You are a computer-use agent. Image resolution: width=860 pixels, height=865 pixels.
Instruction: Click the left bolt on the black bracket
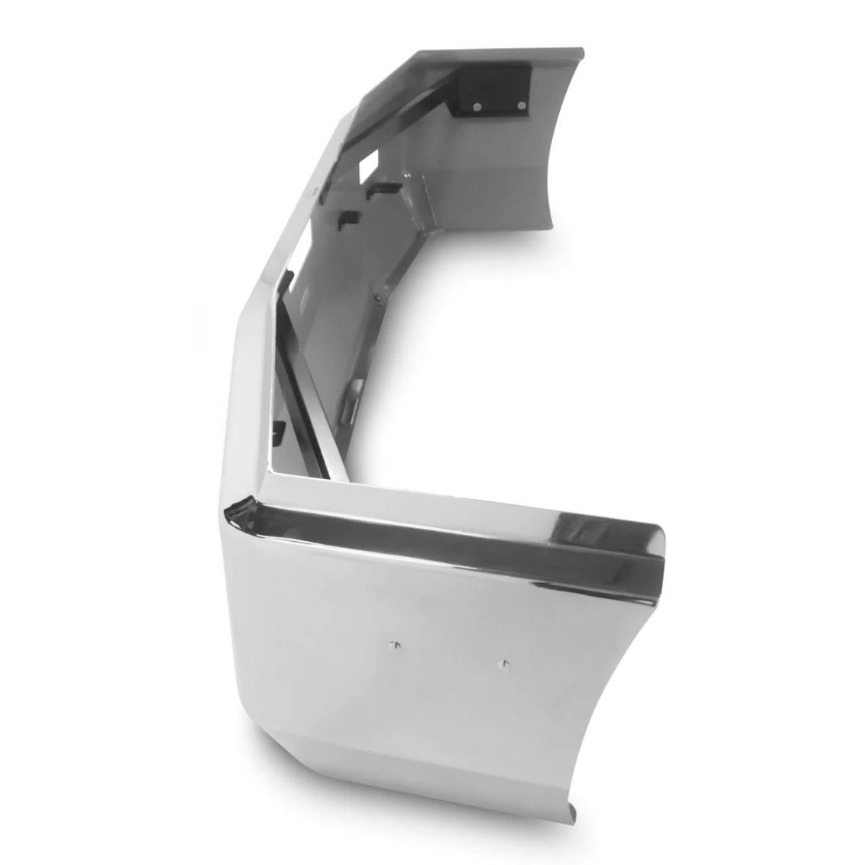pyautogui.click(x=477, y=104)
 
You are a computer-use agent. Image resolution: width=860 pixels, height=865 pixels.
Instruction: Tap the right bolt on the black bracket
pyautogui.click(x=522, y=105)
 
